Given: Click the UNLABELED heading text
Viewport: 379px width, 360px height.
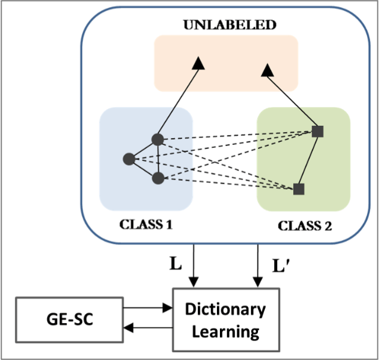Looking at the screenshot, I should click(229, 25).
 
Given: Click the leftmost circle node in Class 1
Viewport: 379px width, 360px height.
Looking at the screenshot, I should click(128, 159).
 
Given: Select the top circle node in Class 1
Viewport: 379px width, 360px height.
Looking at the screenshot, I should click(157, 139).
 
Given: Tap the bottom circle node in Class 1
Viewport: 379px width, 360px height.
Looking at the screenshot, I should click(157, 178).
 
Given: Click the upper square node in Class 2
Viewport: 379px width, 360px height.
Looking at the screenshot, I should click(318, 132).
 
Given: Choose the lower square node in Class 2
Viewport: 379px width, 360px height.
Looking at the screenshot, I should click(299, 189).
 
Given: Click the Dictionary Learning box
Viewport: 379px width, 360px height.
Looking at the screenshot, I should click(225, 319).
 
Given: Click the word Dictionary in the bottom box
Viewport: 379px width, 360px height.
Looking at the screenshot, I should click(225, 309).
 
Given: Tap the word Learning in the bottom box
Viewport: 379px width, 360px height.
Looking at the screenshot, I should click(225, 331).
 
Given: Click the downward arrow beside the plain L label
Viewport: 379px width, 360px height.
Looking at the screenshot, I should click(192, 266).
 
